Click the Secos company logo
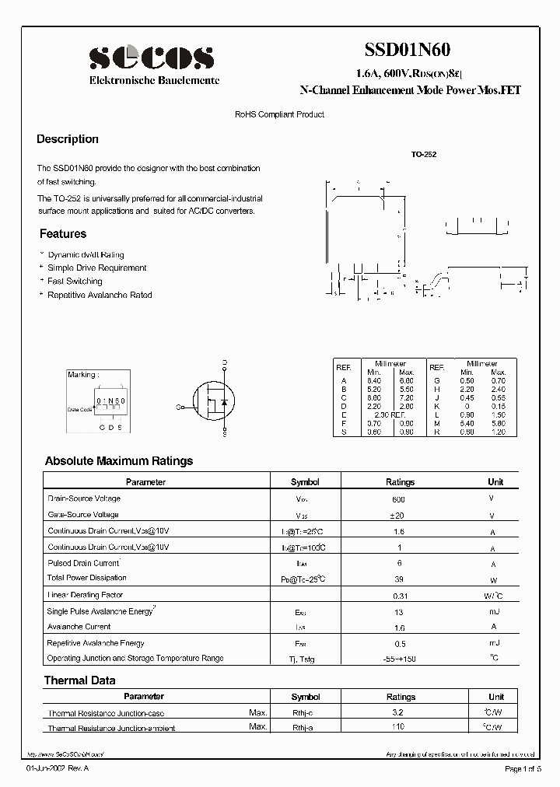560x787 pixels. (x=151, y=58)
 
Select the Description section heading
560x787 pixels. (x=68, y=139)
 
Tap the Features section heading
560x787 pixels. (x=63, y=234)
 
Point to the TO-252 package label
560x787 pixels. (x=424, y=155)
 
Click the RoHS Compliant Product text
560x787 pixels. (x=279, y=114)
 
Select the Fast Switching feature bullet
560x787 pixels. (x=75, y=282)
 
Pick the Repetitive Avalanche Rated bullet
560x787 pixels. (x=100, y=295)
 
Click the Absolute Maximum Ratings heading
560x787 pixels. (x=119, y=461)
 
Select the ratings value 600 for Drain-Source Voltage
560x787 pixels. (x=400, y=499)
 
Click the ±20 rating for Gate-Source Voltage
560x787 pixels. (x=400, y=516)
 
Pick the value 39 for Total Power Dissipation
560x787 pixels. (x=400, y=579)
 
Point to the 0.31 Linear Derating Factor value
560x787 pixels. (x=400, y=596)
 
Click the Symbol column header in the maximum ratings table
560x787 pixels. (x=305, y=482)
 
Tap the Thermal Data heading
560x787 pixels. (x=80, y=680)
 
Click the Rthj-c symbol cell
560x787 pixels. (x=305, y=712)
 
